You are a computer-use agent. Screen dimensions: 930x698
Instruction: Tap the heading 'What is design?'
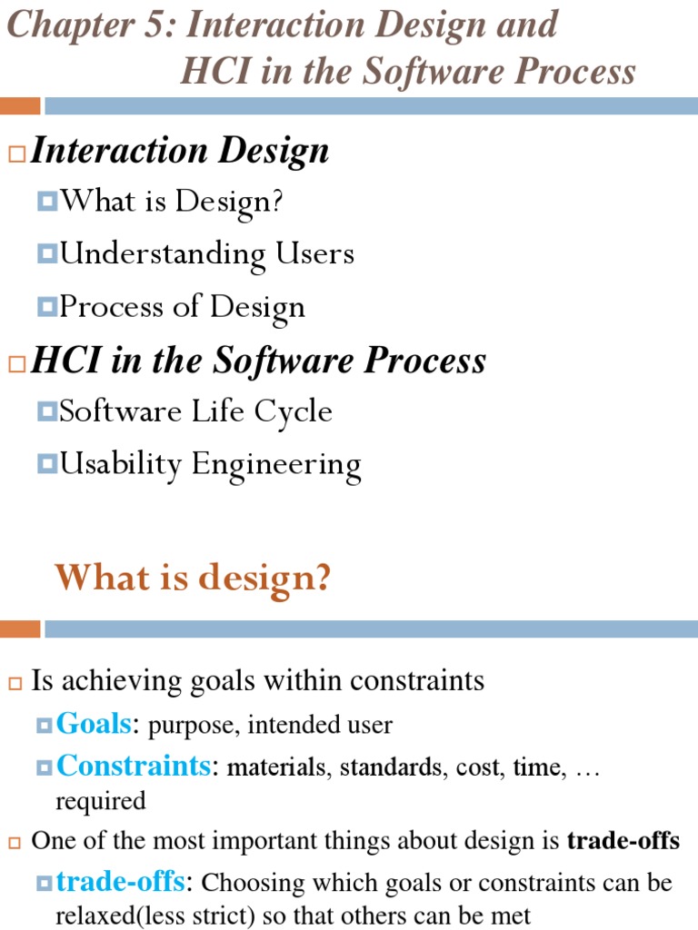pos(193,578)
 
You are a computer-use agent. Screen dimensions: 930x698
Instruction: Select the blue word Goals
pos(94,724)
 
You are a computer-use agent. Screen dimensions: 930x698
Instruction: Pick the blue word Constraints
pos(133,766)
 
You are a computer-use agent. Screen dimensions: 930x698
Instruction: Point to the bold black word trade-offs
pos(623,841)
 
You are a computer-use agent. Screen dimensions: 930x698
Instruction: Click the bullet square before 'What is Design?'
pos(47,201)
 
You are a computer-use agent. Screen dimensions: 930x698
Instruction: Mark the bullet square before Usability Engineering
pos(47,464)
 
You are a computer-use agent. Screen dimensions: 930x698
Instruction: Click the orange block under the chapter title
pos(20,106)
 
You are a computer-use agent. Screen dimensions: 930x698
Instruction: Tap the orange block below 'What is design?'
pos(20,629)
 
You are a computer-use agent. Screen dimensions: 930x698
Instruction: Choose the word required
pos(100,801)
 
